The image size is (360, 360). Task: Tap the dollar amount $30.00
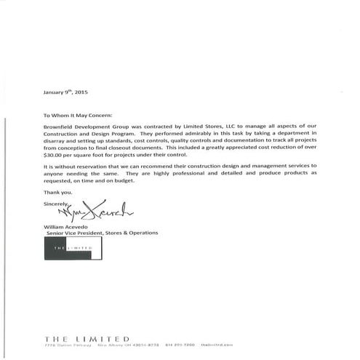55,155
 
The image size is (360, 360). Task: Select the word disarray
57,145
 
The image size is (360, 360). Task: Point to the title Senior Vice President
76,233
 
